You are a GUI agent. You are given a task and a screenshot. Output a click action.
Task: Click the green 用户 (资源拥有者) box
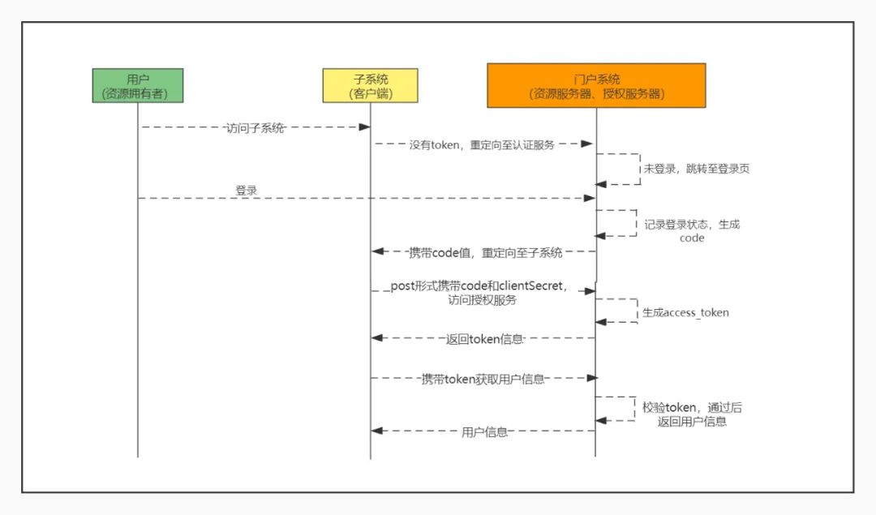(138, 85)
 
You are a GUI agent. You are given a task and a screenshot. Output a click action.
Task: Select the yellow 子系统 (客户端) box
(371, 85)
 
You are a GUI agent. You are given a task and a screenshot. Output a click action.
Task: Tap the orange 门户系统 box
(597, 85)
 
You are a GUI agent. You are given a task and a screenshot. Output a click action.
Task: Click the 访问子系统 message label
(255, 128)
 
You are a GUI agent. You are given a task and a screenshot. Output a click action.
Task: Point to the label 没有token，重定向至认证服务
(482, 144)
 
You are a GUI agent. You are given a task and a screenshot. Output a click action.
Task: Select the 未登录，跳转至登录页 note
(697, 169)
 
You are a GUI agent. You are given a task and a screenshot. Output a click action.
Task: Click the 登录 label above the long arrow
(247, 190)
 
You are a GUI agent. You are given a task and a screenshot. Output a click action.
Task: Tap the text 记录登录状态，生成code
(692, 230)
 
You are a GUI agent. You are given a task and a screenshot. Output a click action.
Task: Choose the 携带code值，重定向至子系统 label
(486, 252)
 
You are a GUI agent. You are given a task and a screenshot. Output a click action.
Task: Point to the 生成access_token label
(685, 312)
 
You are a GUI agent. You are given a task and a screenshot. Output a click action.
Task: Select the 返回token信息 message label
(484, 339)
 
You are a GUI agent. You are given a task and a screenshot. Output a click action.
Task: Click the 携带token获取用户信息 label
(483, 380)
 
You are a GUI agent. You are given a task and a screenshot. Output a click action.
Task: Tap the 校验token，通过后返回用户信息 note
(692, 414)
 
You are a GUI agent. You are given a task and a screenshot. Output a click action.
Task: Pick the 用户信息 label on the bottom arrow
(484, 431)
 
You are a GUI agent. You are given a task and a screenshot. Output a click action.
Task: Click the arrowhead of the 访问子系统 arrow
(364, 127)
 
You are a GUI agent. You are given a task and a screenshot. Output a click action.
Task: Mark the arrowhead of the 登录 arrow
(590, 198)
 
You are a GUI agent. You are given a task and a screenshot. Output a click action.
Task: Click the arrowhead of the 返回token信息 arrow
(377, 338)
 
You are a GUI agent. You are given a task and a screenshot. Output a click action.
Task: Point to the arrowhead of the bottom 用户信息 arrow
(377, 431)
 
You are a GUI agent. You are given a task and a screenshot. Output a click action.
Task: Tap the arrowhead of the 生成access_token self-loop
(601, 322)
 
